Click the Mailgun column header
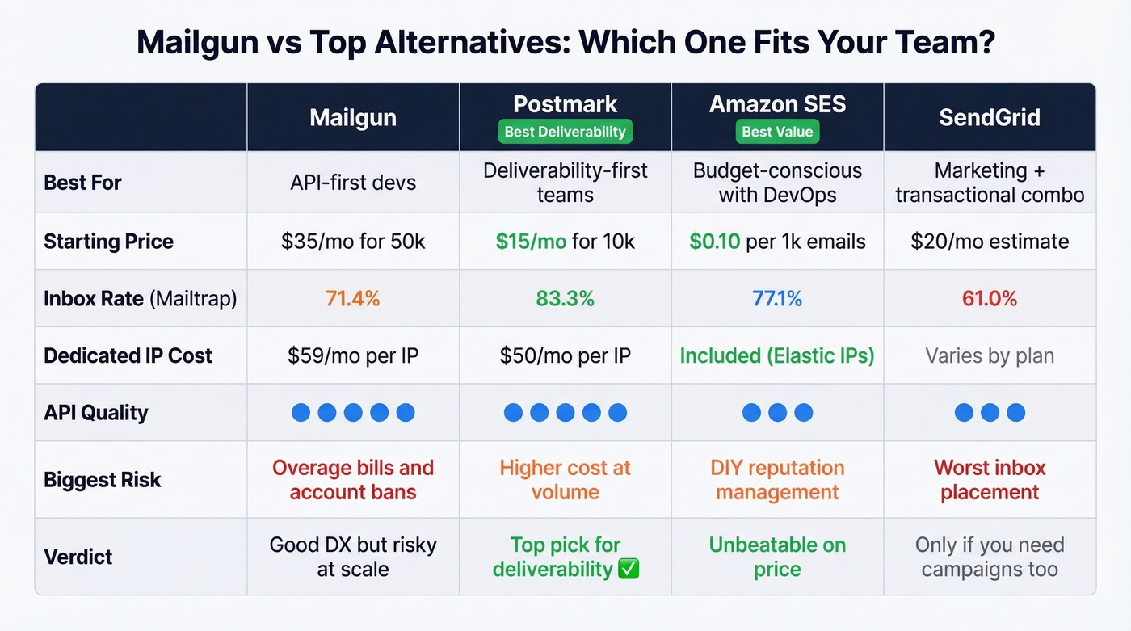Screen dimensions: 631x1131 tap(353, 118)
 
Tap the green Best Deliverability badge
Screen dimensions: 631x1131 tap(565, 132)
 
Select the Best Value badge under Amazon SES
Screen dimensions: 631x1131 tap(777, 132)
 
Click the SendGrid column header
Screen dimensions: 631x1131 tap(990, 118)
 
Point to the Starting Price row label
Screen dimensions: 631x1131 tap(108, 242)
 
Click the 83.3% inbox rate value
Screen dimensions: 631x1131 tap(565, 299)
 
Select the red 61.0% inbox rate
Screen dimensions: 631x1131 tap(990, 299)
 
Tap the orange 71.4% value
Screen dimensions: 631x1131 tap(353, 299)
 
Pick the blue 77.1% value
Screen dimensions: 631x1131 tap(777, 299)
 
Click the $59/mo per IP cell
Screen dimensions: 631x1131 tap(353, 355)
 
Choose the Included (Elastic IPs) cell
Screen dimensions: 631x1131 tap(777, 355)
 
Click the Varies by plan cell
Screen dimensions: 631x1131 tap(990, 355)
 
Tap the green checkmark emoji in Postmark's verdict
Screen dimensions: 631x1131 tap(629, 569)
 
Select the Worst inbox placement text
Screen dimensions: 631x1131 tap(990, 480)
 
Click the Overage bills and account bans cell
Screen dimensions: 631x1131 tap(353, 480)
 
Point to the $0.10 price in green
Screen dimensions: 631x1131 tap(714, 242)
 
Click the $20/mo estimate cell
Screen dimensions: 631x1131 tap(990, 242)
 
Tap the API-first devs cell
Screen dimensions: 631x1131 tap(353, 183)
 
